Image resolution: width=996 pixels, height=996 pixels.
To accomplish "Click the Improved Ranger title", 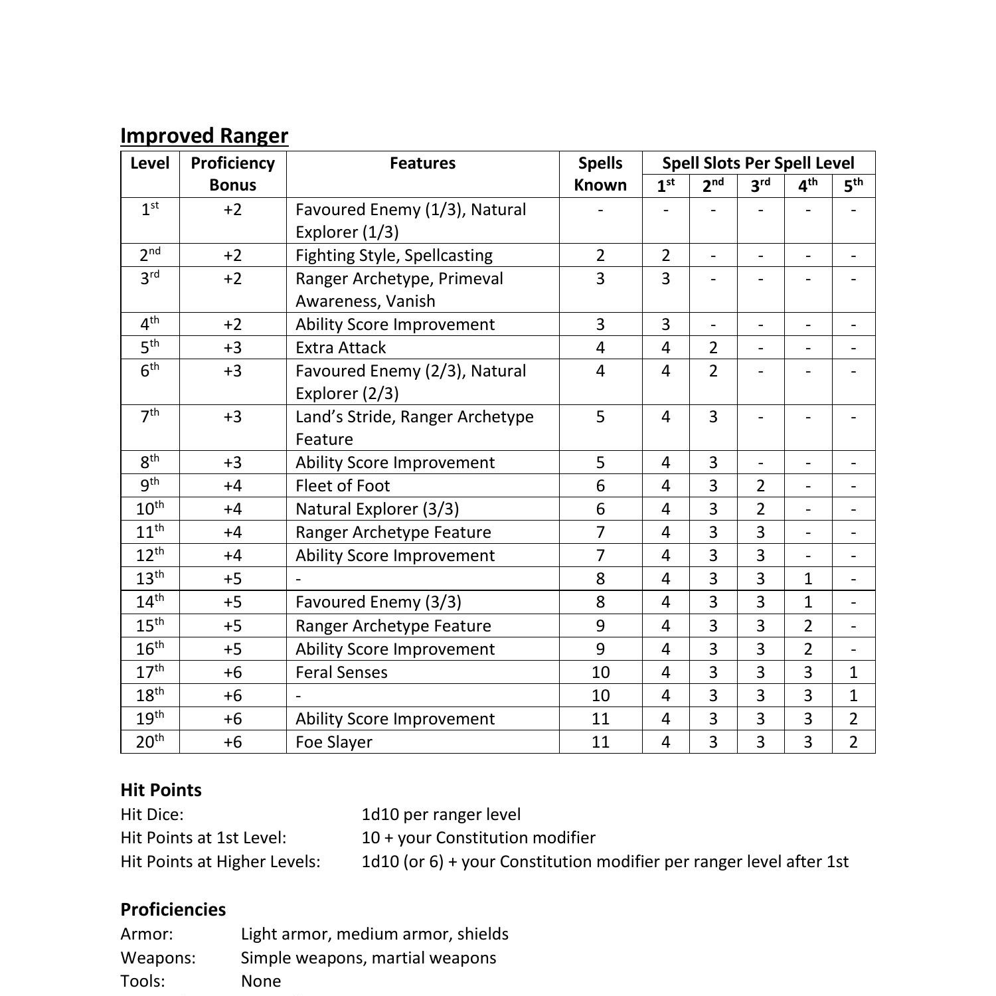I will click(204, 135).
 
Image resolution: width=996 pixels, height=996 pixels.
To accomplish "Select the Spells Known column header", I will click(600, 174).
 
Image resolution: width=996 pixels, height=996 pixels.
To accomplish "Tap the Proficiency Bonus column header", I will click(232, 174).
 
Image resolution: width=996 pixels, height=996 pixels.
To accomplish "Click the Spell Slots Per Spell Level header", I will click(758, 163).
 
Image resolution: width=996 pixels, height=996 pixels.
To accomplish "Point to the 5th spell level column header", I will click(853, 186).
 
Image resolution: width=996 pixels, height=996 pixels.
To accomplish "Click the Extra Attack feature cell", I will click(341, 348).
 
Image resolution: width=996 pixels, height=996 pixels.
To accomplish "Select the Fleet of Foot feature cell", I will click(343, 486).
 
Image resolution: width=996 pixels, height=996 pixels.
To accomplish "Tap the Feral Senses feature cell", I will click(341, 673).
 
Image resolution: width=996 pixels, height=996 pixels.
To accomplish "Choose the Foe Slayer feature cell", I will click(333, 742).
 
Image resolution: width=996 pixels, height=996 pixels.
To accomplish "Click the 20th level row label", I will click(149, 742).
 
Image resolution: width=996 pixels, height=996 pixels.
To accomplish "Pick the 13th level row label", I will click(149, 578).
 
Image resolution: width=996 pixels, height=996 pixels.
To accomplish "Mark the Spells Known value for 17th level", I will click(600, 673).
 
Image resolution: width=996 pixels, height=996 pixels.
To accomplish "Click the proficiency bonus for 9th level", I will click(232, 486).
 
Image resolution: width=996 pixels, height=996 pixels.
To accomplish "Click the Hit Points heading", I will click(161, 790).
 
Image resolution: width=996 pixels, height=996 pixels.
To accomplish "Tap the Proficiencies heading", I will click(173, 910).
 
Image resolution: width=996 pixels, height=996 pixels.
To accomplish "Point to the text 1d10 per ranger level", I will click(441, 815).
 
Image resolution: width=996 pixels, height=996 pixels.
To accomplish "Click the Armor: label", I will click(147, 934).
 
